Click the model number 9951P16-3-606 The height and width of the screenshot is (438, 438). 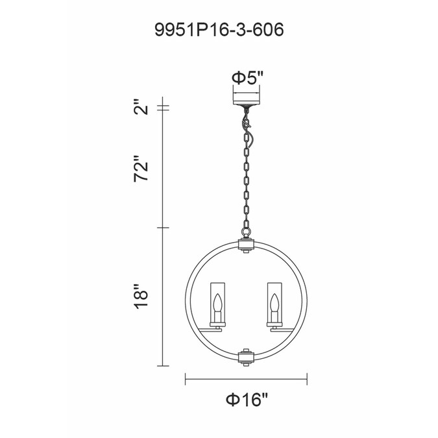click(x=219, y=30)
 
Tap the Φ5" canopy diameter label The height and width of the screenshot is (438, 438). click(x=247, y=78)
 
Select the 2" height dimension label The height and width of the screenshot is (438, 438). click(x=141, y=106)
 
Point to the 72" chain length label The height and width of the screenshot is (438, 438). click(x=141, y=169)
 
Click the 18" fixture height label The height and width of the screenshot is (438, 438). click(x=141, y=297)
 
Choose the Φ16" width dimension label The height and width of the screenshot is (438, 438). click(x=247, y=400)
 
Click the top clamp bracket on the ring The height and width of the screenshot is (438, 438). click(x=245, y=245)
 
